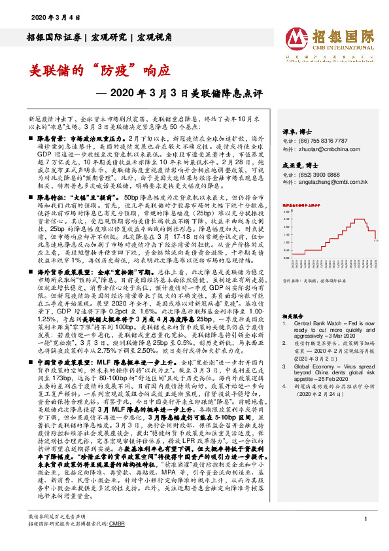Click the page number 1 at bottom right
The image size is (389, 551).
click(x=363, y=537)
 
